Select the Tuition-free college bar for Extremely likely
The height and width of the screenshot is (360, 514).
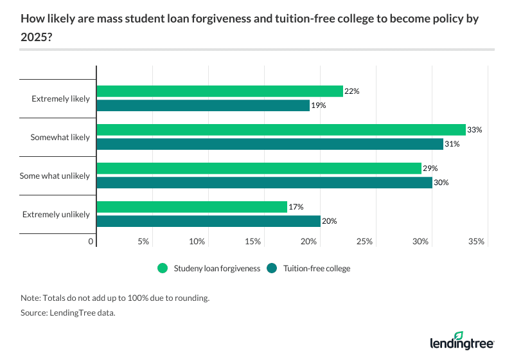(x=203, y=105)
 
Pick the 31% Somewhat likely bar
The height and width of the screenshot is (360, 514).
(x=270, y=144)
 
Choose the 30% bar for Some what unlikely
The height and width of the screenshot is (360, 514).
(x=264, y=183)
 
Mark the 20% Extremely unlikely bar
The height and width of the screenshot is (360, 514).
(x=208, y=221)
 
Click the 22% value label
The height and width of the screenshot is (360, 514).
(x=351, y=91)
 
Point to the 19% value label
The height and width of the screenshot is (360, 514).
(x=319, y=105)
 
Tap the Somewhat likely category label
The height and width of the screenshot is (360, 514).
(x=60, y=137)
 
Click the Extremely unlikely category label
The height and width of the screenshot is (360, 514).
(x=57, y=214)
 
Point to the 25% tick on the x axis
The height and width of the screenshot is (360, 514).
(x=365, y=242)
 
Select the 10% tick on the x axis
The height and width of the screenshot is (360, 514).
(x=197, y=242)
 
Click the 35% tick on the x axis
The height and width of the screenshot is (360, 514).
(x=477, y=242)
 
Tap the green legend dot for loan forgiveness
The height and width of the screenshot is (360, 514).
(x=163, y=269)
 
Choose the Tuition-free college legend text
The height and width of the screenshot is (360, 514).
(x=317, y=269)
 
